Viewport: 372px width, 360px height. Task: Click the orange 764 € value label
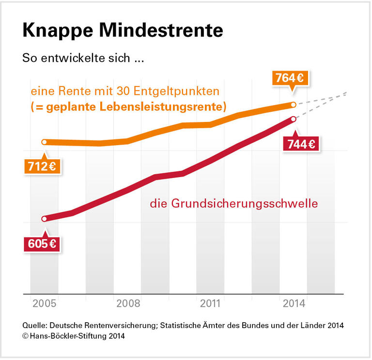[292, 77]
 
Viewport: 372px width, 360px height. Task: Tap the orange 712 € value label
[41, 166]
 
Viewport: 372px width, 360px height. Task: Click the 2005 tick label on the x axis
[44, 304]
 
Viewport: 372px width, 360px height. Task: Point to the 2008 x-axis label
[128, 304]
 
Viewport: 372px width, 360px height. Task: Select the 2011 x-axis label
[211, 304]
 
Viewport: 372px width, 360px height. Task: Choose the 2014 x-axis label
[294, 304]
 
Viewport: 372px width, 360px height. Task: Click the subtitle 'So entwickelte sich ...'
[83, 59]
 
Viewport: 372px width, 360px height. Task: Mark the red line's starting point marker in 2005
[44, 219]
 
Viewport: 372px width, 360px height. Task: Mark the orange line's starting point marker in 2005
[44, 142]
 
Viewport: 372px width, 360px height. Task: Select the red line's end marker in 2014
[294, 119]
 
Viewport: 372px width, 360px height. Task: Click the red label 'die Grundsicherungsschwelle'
[233, 204]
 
